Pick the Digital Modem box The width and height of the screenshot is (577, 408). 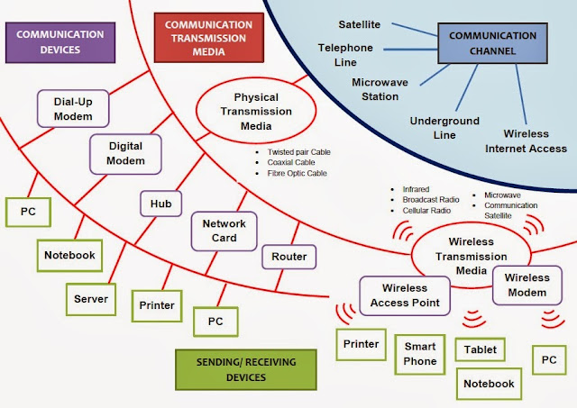tap(125, 153)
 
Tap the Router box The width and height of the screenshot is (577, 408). tap(288, 257)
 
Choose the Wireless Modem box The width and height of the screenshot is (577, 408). tap(526, 285)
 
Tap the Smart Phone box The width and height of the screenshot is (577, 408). tap(420, 354)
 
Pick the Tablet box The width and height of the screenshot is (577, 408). tap(480, 349)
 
